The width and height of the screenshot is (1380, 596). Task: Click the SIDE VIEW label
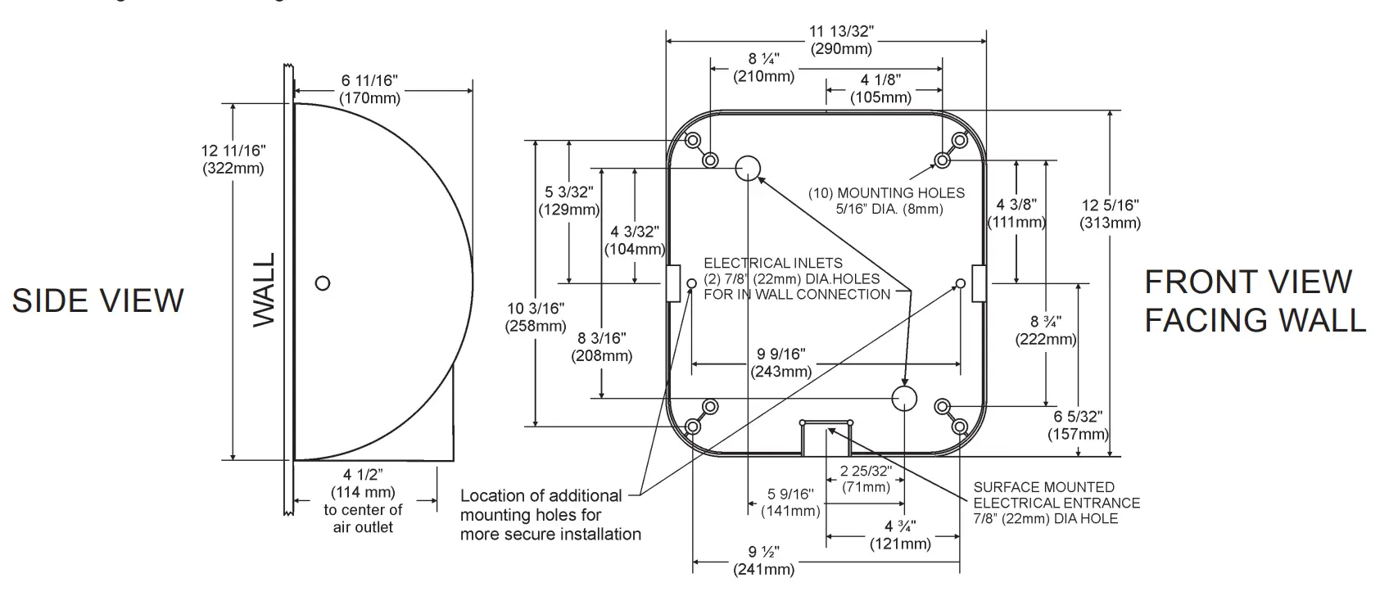98,300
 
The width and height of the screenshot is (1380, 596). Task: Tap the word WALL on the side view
264,291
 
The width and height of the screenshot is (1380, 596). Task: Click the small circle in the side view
323,282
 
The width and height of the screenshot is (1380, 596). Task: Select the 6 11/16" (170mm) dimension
370,89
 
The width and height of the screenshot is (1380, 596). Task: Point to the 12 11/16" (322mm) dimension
233,160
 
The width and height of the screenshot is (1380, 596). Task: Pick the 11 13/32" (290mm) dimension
841,40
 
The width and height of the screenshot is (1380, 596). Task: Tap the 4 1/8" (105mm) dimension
880,88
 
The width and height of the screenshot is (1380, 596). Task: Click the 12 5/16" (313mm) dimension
1110,214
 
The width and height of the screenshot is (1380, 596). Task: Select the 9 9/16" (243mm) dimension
781,363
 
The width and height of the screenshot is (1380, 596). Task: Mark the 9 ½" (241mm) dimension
763,560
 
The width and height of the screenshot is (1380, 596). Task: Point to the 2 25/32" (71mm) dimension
866,479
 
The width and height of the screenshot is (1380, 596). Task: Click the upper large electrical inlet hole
747,168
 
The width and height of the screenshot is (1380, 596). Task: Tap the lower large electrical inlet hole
904,398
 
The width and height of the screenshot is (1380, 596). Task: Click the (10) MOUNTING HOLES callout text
887,201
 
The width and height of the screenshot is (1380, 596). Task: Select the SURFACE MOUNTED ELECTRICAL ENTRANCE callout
1056,503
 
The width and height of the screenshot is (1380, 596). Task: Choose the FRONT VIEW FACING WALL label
1254,300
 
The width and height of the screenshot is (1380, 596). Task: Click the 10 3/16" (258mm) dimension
536,317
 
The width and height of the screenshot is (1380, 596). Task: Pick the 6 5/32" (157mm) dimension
1078,426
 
